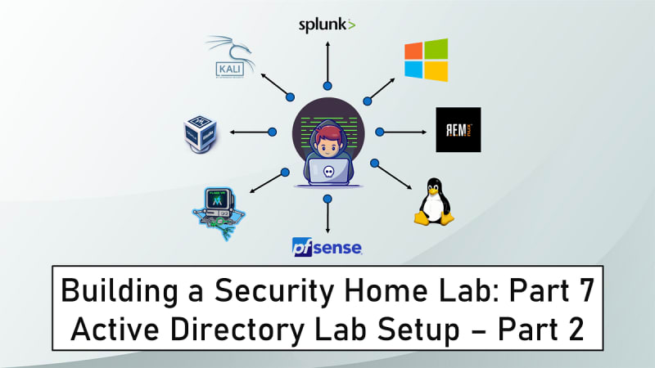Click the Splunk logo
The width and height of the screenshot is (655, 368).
[327, 25]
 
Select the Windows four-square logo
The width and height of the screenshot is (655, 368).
[426, 61]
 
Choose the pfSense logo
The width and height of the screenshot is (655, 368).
[327, 245]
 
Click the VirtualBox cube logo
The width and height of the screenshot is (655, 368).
[201, 131]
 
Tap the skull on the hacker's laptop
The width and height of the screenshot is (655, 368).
[327, 173]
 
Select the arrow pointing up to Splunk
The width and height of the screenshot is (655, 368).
[327, 64]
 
